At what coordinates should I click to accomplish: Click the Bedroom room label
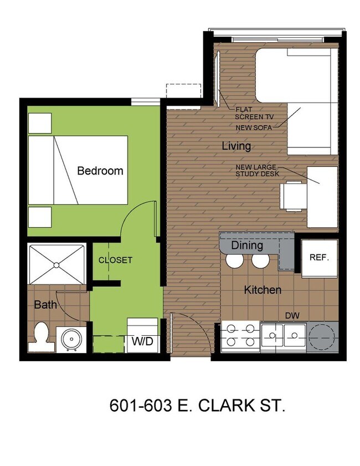(100, 171)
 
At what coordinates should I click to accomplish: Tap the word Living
(236, 146)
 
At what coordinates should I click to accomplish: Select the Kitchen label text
(263, 290)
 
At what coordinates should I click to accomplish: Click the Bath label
(45, 304)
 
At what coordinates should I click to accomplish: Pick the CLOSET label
(116, 260)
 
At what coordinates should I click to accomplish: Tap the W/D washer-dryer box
(142, 341)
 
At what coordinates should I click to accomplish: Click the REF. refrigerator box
(319, 258)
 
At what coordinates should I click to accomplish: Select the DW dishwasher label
(292, 316)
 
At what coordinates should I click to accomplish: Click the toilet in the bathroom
(41, 336)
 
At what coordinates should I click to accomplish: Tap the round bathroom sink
(71, 339)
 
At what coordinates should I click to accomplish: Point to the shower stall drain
(56, 265)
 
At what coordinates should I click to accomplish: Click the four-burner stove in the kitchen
(241, 336)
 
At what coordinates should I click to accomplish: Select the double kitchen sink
(284, 335)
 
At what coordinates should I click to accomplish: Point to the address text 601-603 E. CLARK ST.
(198, 406)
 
